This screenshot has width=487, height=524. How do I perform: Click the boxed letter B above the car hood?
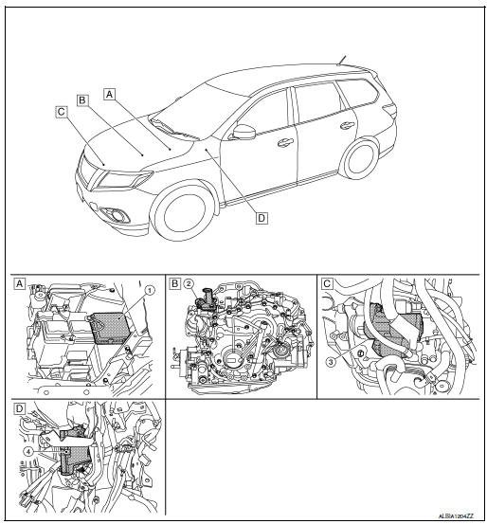pos(82,99)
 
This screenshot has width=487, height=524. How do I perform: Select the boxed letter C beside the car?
pos(61,110)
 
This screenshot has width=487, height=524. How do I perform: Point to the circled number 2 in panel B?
pos(189,283)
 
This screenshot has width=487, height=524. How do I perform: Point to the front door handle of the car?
pos(285,143)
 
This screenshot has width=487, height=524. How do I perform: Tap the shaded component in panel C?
pos(392,337)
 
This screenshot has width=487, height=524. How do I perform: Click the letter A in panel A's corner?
pos(20,283)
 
